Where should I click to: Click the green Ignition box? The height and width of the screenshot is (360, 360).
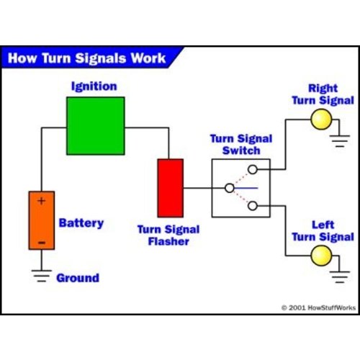(95, 126)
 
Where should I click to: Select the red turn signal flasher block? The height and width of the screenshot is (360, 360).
(171, 187)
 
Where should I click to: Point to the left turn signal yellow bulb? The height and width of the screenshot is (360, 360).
(320, 255)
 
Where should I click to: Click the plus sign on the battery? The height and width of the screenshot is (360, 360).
(41, 201)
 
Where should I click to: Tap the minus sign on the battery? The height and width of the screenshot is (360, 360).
(41, 243)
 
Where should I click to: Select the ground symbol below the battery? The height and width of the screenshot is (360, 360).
(41, 276)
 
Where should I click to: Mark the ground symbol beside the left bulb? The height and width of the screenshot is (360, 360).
(339, 274)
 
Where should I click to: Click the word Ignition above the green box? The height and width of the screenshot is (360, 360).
(94, 86)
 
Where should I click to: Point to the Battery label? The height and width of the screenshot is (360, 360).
(81, 223)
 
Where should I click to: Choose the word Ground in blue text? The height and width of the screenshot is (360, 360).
(77, 278)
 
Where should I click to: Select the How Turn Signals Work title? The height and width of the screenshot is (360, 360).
(86, 58)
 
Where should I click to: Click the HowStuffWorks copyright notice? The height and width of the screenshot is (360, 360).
(317, 307)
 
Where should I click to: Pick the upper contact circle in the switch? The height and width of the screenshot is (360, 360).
(252, 171)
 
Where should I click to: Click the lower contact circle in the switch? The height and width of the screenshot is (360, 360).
(252, 206)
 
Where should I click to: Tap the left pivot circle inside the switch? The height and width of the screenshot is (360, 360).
(229, 188)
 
